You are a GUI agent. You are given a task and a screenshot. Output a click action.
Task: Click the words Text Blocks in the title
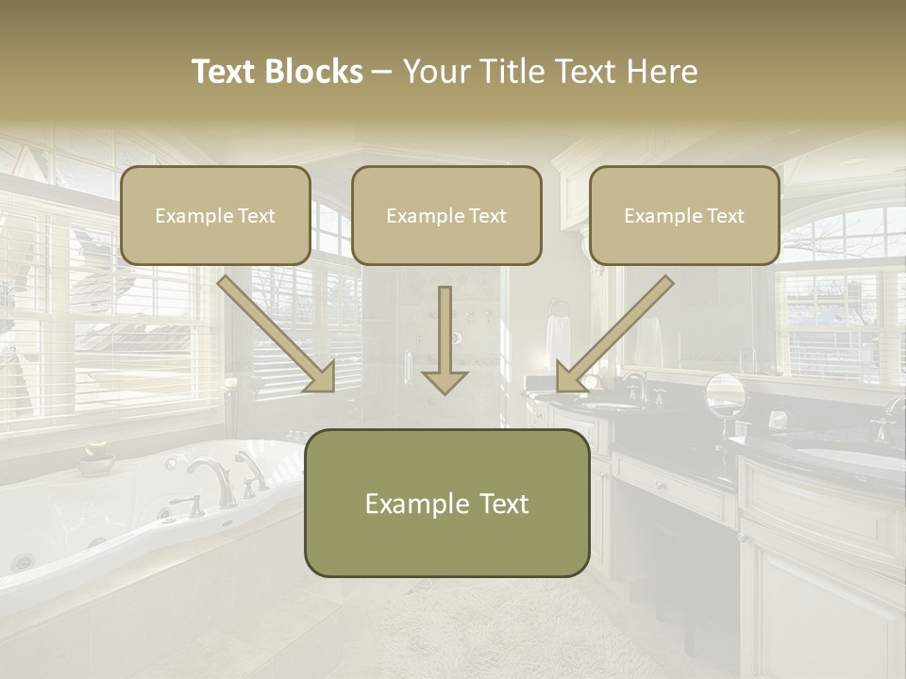(277, 72)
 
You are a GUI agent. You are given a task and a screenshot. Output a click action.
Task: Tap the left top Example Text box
(215, 216)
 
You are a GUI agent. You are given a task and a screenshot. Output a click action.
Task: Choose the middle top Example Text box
(446, 216)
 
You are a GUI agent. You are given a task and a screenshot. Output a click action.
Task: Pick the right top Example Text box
(684, 216)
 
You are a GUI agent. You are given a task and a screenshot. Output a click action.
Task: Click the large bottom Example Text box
(446, 504)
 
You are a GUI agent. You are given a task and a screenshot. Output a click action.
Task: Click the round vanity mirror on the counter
(725, 393)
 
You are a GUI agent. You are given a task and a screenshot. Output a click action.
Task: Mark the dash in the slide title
(382, 72)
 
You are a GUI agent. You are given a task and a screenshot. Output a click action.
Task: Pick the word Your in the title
(436, 72)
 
